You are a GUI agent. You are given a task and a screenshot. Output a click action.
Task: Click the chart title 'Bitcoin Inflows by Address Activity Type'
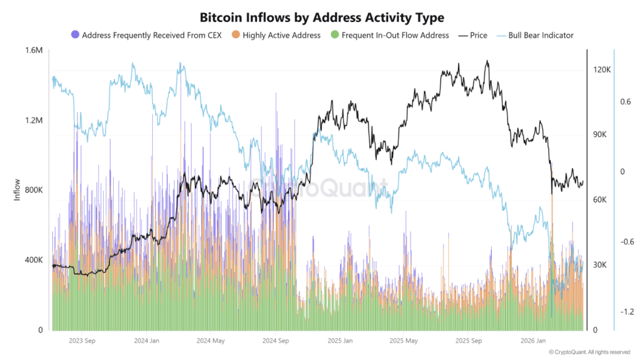[x=321, y=16]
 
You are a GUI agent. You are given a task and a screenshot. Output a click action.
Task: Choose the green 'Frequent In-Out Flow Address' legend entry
[x=390, y=35]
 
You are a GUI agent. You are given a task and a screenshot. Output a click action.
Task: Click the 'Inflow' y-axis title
[x=17, y=190]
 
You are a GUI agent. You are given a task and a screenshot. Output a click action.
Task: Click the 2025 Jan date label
[x=339, y=340]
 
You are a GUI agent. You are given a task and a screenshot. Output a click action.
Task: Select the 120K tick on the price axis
[x=602, y=69]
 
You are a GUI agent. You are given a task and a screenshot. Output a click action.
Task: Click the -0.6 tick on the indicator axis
[x=626, y=242]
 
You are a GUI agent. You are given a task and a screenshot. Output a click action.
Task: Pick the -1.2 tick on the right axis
[x=626, y=312]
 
